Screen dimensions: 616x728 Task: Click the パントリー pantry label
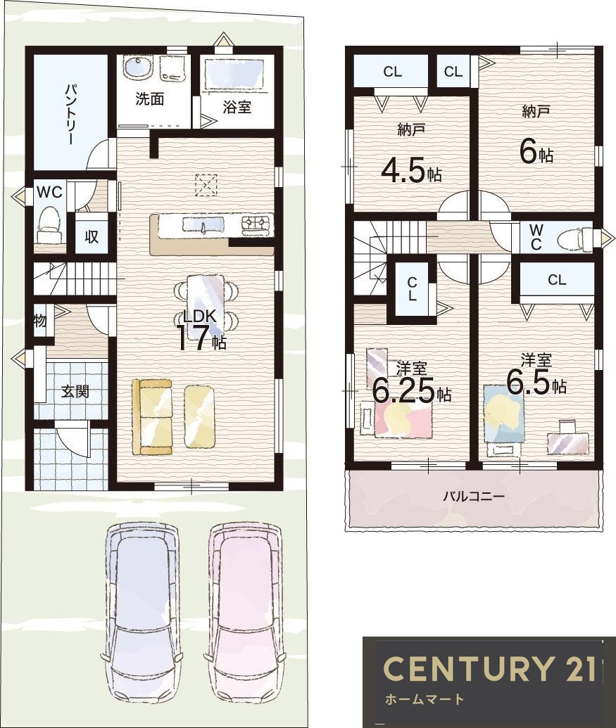pyautogui.click(x=70, y=114)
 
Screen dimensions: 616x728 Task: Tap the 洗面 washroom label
pyautogui.click(x=149, y=99)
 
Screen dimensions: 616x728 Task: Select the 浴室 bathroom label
pyautogui.click(x=237, y=107)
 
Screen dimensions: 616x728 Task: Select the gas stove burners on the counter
pyautogui.click(x=255, y=224)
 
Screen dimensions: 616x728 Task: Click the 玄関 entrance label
pyautogui.click(x=75, y=391)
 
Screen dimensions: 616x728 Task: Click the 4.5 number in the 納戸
pyautogui.click(x=403, y=172)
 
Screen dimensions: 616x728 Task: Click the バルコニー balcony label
pyautogui.click(x=473, y=497)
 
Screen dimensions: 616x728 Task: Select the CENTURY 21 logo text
pyautogui.click(x=490, y=669)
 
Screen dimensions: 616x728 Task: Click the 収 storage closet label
pyautogui.click(x=92, y=236)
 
